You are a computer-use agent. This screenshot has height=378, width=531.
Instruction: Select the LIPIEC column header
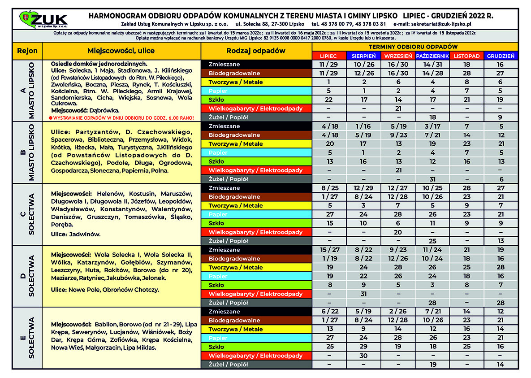pyautogui.click(x=329, y=56)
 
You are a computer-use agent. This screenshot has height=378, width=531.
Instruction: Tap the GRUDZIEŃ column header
pyautogui.click(x=501, y=56)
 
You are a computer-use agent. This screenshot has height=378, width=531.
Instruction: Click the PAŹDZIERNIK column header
pyautogui.click(x=432, y=56)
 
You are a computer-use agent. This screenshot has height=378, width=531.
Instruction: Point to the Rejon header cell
pyautogui.click(x=27, y=51)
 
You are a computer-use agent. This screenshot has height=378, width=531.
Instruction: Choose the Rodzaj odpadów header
pyautogui.click(x=256, y=51)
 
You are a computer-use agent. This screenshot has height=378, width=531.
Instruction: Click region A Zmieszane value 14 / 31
pyautogui.click(x=432, y=65)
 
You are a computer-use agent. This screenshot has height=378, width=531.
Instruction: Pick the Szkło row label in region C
pyautogui.click(x=216, y=223)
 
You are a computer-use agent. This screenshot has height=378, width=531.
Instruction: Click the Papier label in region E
pyautogui.click(x=218, y=338)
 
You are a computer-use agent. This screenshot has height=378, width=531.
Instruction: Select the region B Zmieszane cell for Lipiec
pyautogui.click(x=329, y=126)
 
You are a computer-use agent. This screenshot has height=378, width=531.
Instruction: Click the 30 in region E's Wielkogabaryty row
pyautogui.click(x=363, y=356)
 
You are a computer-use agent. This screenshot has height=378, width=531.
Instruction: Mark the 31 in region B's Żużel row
pyautogui.click(x=432, y=179)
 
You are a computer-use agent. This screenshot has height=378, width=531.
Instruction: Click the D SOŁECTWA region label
pyautogui.click(x=27, y=276)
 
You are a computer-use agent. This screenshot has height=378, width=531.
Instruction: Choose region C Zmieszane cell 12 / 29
pyautogui.click(x=363, y=188)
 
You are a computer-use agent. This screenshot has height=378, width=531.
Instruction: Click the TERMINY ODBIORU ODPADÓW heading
pyautogui.click(x=415, y=47)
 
